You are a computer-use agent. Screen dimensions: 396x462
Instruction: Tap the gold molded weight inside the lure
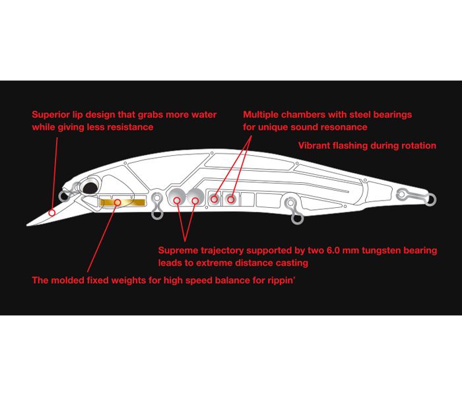click(122, 201)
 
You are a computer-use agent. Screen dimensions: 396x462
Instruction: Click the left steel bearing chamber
click(214, 197)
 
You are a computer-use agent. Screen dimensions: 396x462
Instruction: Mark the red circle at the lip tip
click(51, 213)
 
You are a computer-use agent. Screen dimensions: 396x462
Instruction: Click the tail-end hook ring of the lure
click(430, 199)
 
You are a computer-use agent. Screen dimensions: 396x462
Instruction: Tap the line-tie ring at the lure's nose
click(64, 196)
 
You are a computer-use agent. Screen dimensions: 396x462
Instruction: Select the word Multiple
click(262, 115)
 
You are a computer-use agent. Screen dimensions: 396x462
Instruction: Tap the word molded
click(70, 280)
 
